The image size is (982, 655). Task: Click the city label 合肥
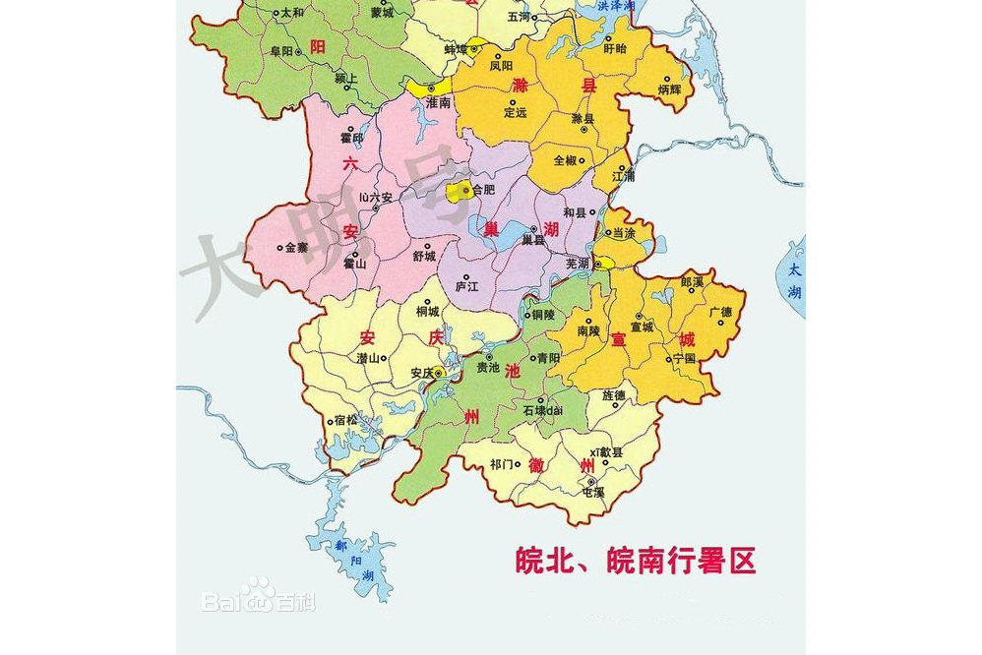coord(484,191)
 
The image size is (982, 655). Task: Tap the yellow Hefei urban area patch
coord(457,192)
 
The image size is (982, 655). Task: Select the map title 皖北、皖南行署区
coord(636,561)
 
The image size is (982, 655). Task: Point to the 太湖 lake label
coord(794,280)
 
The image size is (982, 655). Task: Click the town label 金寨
coord(296,248)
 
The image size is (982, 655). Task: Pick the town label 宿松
coord(346,420)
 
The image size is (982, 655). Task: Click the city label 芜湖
coord(578,264)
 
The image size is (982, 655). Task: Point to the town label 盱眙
coord(614,47)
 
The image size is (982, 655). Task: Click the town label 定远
coord(516,112)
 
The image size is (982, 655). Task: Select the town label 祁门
coord(502,463)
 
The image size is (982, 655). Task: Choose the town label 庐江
coord(466,287)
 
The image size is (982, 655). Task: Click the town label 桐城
coord(428,312)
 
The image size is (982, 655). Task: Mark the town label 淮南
coord(438,101)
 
